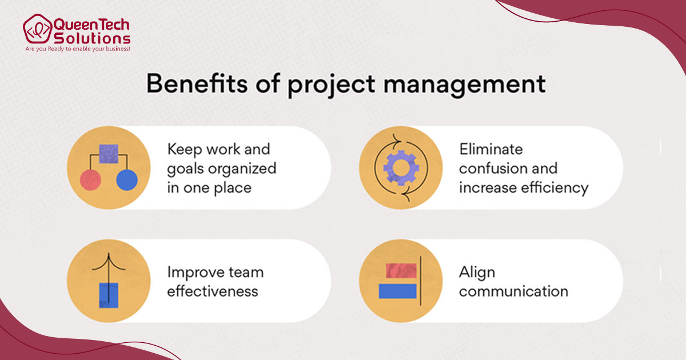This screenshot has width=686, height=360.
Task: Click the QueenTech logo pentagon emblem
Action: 37,29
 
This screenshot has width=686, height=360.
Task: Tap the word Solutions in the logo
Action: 92,39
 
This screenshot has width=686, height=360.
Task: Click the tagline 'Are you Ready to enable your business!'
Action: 78,49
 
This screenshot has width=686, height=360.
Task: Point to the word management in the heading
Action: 464,86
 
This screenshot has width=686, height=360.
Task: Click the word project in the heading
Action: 332,85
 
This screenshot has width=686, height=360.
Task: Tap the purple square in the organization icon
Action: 109,154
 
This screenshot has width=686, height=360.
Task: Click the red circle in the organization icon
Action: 91,180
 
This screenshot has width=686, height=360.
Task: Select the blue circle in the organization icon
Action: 127,180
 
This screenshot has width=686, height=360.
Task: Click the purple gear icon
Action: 401,168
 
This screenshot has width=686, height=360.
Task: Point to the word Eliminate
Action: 491,149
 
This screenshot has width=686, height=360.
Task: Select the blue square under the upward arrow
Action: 109,295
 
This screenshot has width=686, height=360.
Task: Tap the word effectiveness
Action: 213,291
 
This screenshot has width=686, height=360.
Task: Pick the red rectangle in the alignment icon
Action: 401,270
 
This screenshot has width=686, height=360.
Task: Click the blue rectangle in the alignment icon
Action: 397,291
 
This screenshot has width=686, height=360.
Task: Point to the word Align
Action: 477,273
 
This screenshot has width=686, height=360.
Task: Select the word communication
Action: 513,291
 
